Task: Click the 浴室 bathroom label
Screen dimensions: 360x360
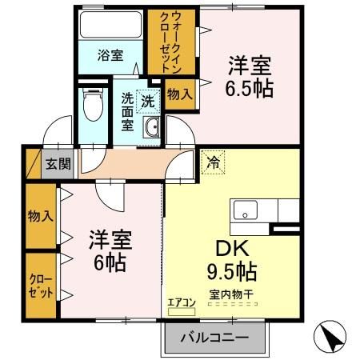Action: point(110,56)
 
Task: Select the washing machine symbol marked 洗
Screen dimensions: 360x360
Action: point(148,101)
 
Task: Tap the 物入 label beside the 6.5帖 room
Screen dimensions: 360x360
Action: point(179,94)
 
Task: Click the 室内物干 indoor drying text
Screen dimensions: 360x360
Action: point(231,294)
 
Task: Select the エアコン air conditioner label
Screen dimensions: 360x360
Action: point(182,302)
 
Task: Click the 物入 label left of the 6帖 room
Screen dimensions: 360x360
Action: point(41,216)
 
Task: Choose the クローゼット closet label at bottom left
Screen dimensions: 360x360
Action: point(41,286)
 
